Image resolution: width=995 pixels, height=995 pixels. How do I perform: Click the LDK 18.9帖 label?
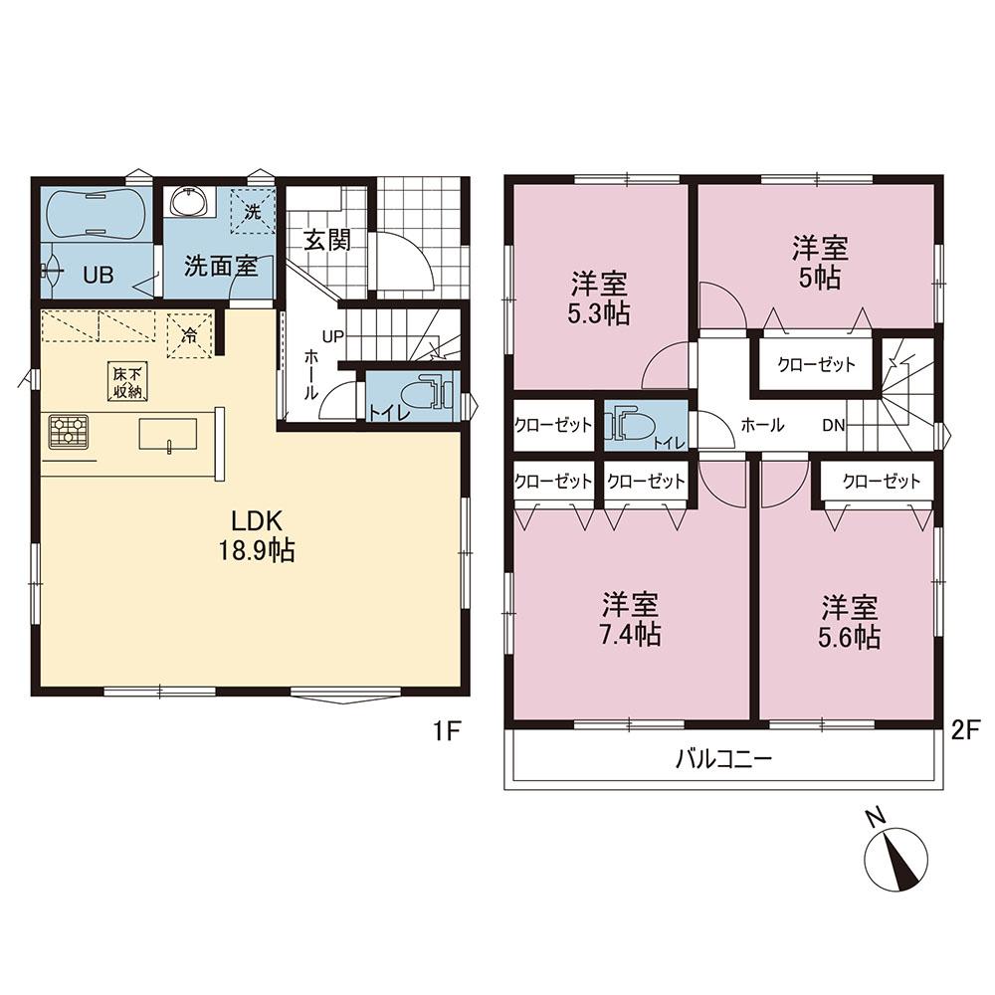[257, 536]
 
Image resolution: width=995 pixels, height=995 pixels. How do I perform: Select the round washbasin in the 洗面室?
[189, 202]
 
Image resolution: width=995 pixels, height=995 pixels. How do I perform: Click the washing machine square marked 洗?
[253, 211]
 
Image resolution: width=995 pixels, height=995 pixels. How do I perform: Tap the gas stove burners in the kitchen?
[68, 432]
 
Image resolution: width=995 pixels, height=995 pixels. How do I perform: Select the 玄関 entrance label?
[326, 240]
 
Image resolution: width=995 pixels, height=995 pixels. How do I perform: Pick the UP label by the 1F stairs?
[332, 336]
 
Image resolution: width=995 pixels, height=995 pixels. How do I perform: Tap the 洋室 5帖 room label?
[820, 262]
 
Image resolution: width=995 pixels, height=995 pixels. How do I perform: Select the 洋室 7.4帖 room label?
[630, 619]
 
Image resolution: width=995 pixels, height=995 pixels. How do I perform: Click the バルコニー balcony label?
[723, 758]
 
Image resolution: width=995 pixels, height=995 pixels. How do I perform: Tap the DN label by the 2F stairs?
[834, 426]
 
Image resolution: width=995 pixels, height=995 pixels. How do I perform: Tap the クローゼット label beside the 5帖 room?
[817, 364]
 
